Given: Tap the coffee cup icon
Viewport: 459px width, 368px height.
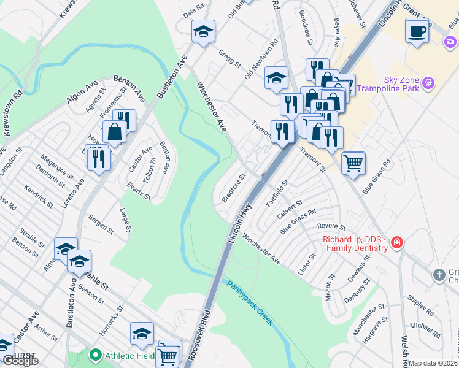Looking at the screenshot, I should click(417, 30).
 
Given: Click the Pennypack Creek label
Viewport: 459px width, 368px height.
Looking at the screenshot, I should click(250, 302).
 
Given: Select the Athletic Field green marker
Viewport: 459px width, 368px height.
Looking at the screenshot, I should click(95, 355).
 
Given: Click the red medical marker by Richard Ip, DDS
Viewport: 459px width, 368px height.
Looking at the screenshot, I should click(397, 243).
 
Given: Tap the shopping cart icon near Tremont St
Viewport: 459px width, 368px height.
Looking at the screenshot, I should click(353, 163).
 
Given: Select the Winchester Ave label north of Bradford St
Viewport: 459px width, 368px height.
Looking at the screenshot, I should click(212, 107).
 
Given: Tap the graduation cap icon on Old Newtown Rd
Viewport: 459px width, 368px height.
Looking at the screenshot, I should click(276, 78).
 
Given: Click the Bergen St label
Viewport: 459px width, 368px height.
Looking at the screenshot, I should click(101, 224).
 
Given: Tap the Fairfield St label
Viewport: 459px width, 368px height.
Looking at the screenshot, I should click(278, 193).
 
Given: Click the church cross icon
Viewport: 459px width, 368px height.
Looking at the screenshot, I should click(439, 275).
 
